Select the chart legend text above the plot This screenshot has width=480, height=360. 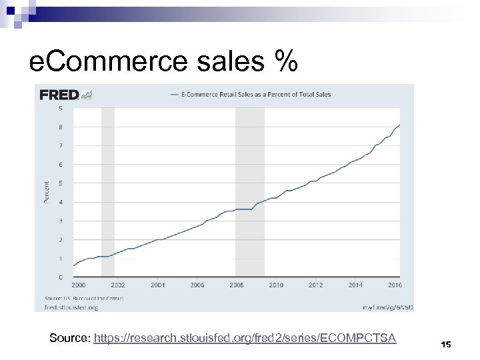click(x=256, y=95)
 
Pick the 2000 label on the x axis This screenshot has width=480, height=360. click(x=78, y=285)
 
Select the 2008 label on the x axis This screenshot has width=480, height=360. click(x=237, y=285)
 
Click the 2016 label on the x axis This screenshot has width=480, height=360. click(x=395, y=285)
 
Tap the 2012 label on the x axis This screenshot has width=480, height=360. click(x=315, y=285)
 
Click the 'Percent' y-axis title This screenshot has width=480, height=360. click(x=47, y=193)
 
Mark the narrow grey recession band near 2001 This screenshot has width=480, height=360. click(x=107, y=192)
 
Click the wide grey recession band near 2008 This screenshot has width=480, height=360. click(x=250, y=192)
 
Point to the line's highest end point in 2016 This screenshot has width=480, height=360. click(x=399, y=125)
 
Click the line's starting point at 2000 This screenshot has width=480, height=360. click(x=74, y=265)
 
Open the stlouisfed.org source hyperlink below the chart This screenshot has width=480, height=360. click(x=245, y=339)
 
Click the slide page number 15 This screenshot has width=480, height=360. click(x=446, y=344)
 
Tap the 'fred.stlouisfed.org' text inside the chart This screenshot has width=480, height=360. click(x=71, y=308)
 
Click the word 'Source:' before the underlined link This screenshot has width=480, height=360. click(x=70, y=339)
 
